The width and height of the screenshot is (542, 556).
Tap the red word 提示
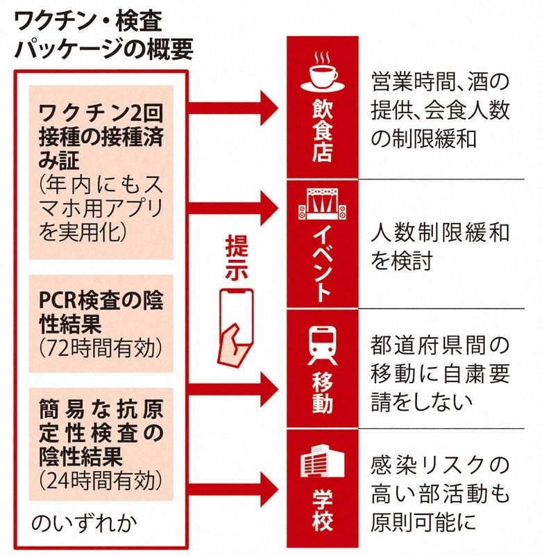click(237, 258)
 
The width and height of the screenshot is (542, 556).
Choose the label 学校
click(324, 512)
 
